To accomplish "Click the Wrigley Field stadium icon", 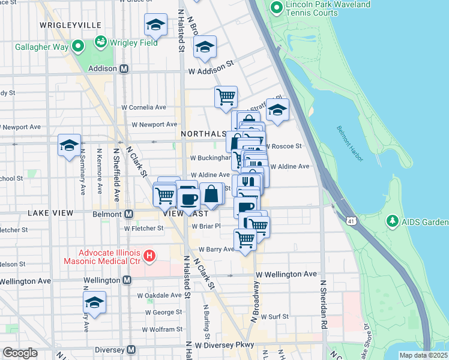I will [100, 43].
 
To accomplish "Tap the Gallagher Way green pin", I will [77, 46].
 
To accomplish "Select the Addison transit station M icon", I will [124, 68].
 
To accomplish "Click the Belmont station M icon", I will [128, 214].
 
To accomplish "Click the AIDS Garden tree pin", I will [393, 223].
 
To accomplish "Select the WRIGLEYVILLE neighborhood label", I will [70, 25].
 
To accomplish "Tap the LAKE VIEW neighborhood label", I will [50, 213].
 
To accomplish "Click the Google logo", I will [20, 353].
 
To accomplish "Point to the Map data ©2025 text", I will [423, 355].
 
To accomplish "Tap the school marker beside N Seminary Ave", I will [69, 146].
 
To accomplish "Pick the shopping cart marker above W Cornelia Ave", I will [226, 97].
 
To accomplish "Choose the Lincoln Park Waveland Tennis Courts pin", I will [277, 8].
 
